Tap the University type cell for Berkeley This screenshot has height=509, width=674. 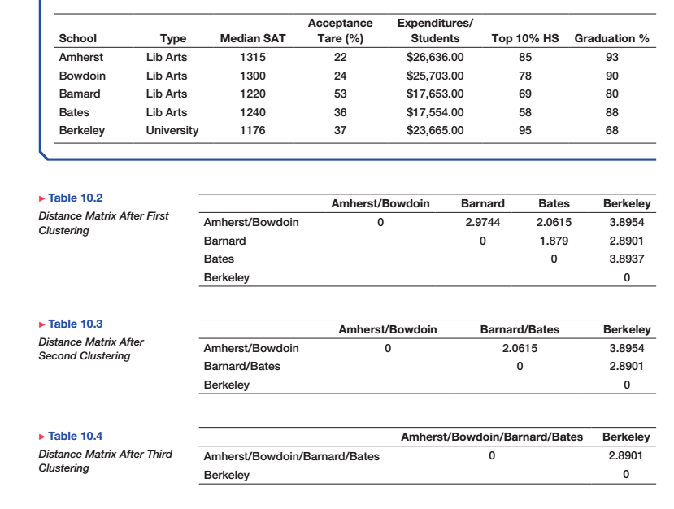(x=172, y=132)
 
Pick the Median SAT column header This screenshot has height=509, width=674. (x=253, y=38)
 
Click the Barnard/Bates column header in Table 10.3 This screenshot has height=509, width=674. (x=520, y=330)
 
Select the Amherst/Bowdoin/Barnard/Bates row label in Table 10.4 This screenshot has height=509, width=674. (x=291, y=456)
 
